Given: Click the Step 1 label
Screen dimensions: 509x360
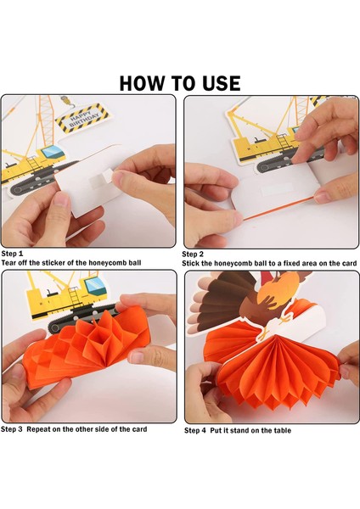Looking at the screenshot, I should tap(13, 254).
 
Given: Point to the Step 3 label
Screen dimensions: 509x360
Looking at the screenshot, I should tap(13, 429).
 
